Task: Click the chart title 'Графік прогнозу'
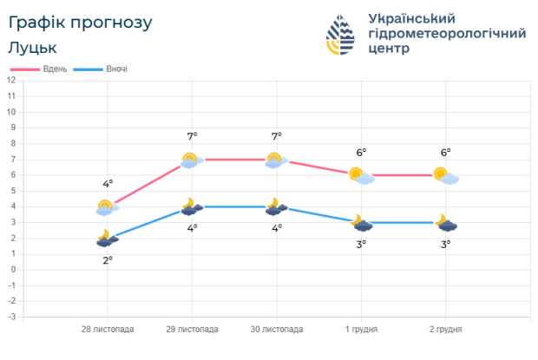[80, 22]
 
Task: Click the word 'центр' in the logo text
[392, 49]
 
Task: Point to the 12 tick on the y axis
[11, 81]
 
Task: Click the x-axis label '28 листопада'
[108, 330]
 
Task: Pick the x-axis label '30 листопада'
[277, 330]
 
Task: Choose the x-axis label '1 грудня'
[361, 330]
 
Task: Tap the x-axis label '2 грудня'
[446, 330]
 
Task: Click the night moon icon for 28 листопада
[106, 239]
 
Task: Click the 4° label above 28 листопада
[108, 184]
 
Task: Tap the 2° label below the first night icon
[108, 259]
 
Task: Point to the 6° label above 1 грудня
[360, 153]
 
